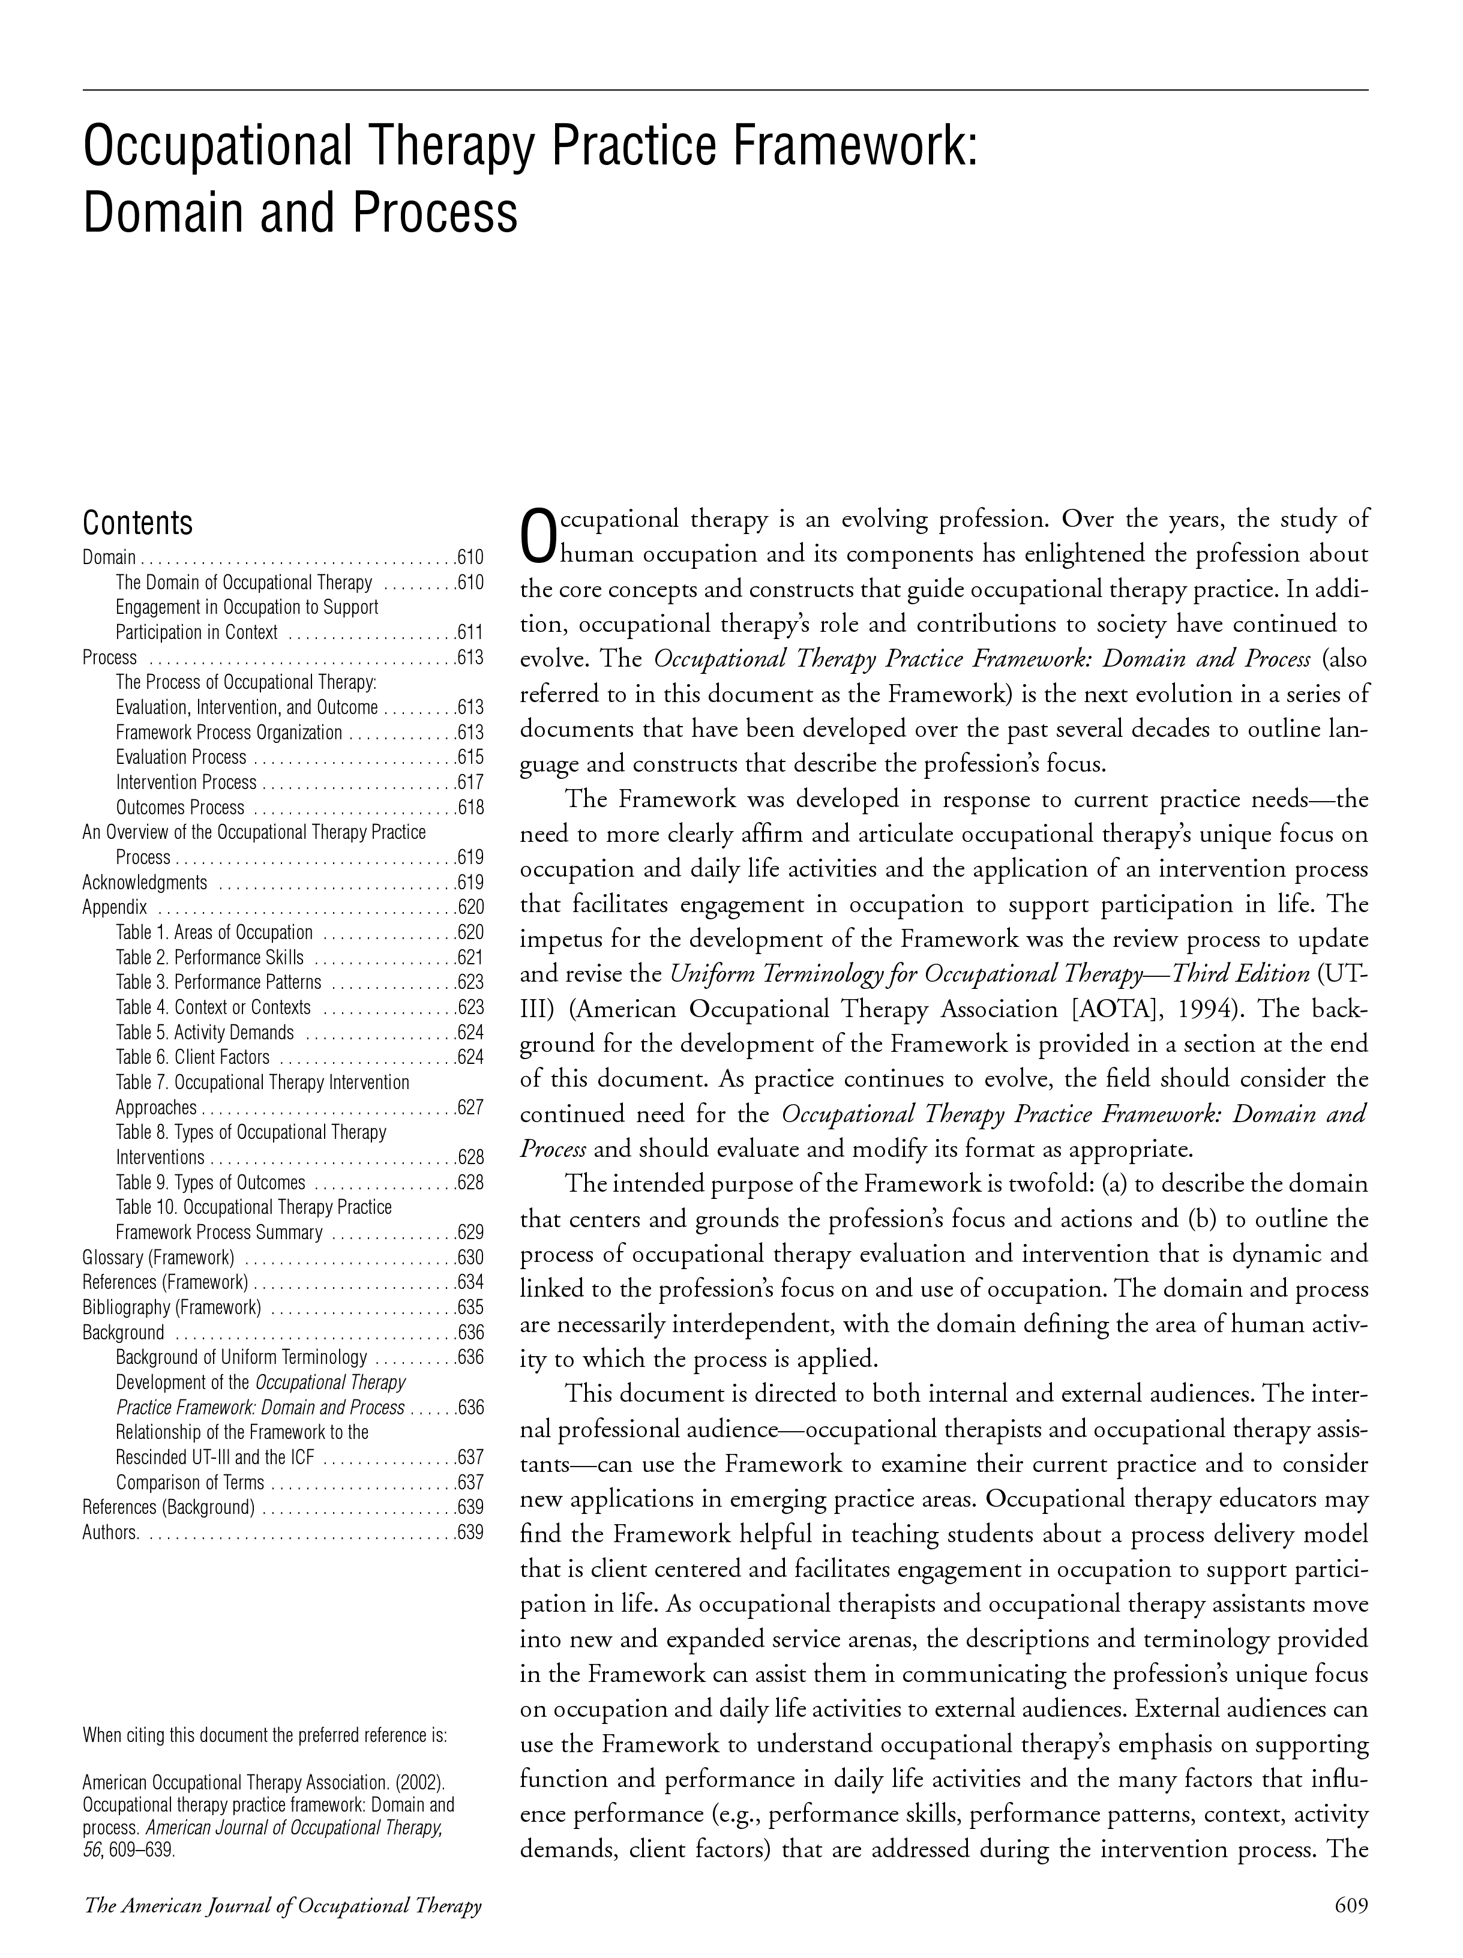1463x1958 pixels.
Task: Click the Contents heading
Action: pyautogui.click(x=137, y=523)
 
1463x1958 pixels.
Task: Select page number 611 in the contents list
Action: pyautogui.click(x=470, y=633)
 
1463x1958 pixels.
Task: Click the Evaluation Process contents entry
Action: pyautogui.click(x=181, y=758)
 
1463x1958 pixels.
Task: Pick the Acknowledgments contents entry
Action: pyautogui.click(x=144, y=883)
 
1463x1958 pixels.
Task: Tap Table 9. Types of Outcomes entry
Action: pyautogui.click(x=210, y=1183)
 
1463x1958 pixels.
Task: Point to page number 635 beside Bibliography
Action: pyautogui.click(x=470, y=1308)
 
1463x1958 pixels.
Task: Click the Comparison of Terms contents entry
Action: pyautogui.click(x=190, y=1483)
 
